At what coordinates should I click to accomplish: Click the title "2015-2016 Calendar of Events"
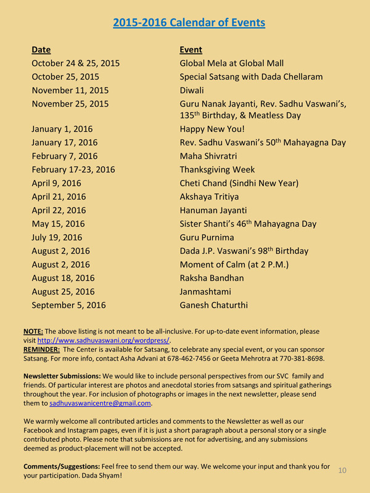(189, 23)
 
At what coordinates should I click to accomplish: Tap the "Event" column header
(191, 49)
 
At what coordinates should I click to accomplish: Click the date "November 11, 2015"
(70, 90)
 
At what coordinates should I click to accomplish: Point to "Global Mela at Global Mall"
(231, 63)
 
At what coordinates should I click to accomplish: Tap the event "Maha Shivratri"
(208, 156)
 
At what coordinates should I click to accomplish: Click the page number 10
(342, 470)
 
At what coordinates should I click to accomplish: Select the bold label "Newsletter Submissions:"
(62, 376)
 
